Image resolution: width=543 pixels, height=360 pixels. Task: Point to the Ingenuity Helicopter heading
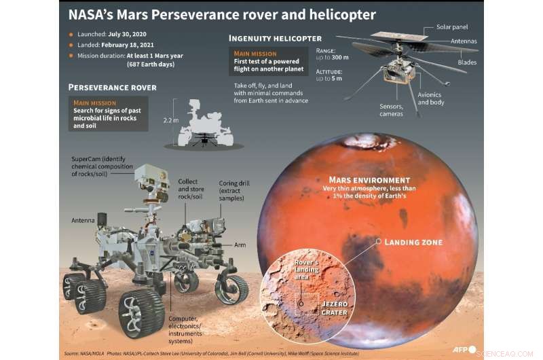(276, 38)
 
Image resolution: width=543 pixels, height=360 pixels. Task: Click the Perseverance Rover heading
(112, 88)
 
